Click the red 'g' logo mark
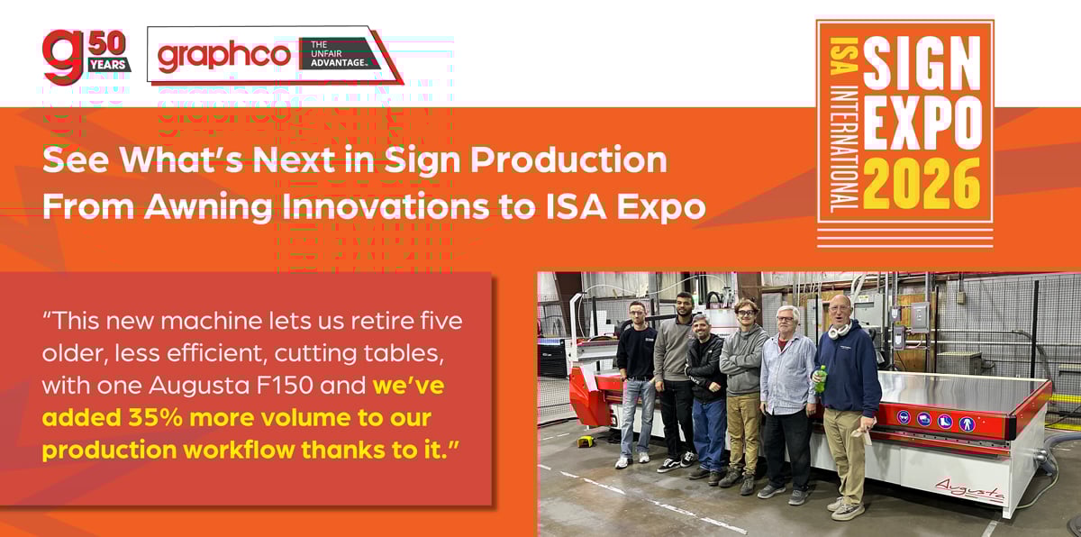63,57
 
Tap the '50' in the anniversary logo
107,43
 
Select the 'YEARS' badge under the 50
108,65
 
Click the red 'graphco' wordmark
224,58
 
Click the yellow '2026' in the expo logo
922,184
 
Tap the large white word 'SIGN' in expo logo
922,63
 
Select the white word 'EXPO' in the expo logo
922,123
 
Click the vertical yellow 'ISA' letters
843,56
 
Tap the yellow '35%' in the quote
155,418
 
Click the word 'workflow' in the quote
239,451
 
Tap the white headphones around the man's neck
840,331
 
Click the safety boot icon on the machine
945,423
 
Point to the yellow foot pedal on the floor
586,441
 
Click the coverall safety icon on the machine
967,424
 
